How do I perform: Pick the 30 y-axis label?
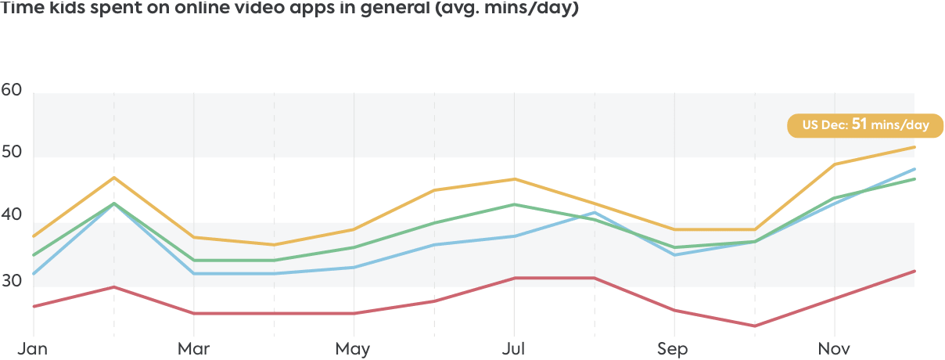12,280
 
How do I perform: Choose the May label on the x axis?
353,348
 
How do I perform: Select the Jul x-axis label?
512,348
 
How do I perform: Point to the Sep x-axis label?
673,348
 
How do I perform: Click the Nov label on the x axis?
834,348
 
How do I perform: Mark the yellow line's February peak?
114,178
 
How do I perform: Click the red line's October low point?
755,326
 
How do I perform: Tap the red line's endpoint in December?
914,271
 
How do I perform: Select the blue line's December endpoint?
914,169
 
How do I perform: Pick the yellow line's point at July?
514,179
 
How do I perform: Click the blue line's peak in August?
595,212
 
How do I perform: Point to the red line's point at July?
514,278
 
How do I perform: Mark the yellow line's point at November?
835,164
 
